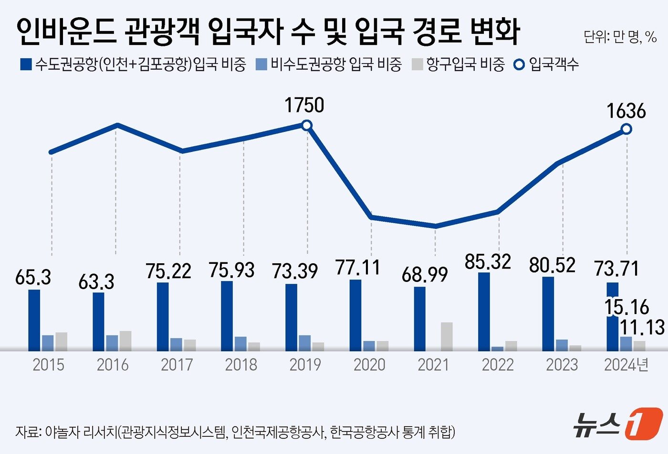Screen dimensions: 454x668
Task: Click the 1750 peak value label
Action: [x=304, y=105]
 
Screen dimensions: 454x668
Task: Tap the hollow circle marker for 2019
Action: [x=307, y=125]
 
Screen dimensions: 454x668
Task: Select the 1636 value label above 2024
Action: [x=626, y=111]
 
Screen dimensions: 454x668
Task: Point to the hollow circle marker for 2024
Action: [x=626, y=129]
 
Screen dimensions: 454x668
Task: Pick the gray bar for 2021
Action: [x=447, y=336]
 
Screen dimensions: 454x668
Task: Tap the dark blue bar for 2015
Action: [x=34, y=320]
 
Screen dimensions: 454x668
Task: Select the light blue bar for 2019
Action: [x=304, y=343]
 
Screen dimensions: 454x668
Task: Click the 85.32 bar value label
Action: [x=488, y=261]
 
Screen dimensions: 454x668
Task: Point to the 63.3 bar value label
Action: [x=96, y=282]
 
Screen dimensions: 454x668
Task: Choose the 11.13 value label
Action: [x=642, y=328]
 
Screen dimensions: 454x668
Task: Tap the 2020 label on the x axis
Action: [x=369, y=365]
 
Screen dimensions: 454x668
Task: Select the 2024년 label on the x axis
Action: [x=626, y=365]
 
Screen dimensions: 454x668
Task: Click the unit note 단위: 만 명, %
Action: [x=620, y=37]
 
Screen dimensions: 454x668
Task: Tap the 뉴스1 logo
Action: [x=617, y=423]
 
